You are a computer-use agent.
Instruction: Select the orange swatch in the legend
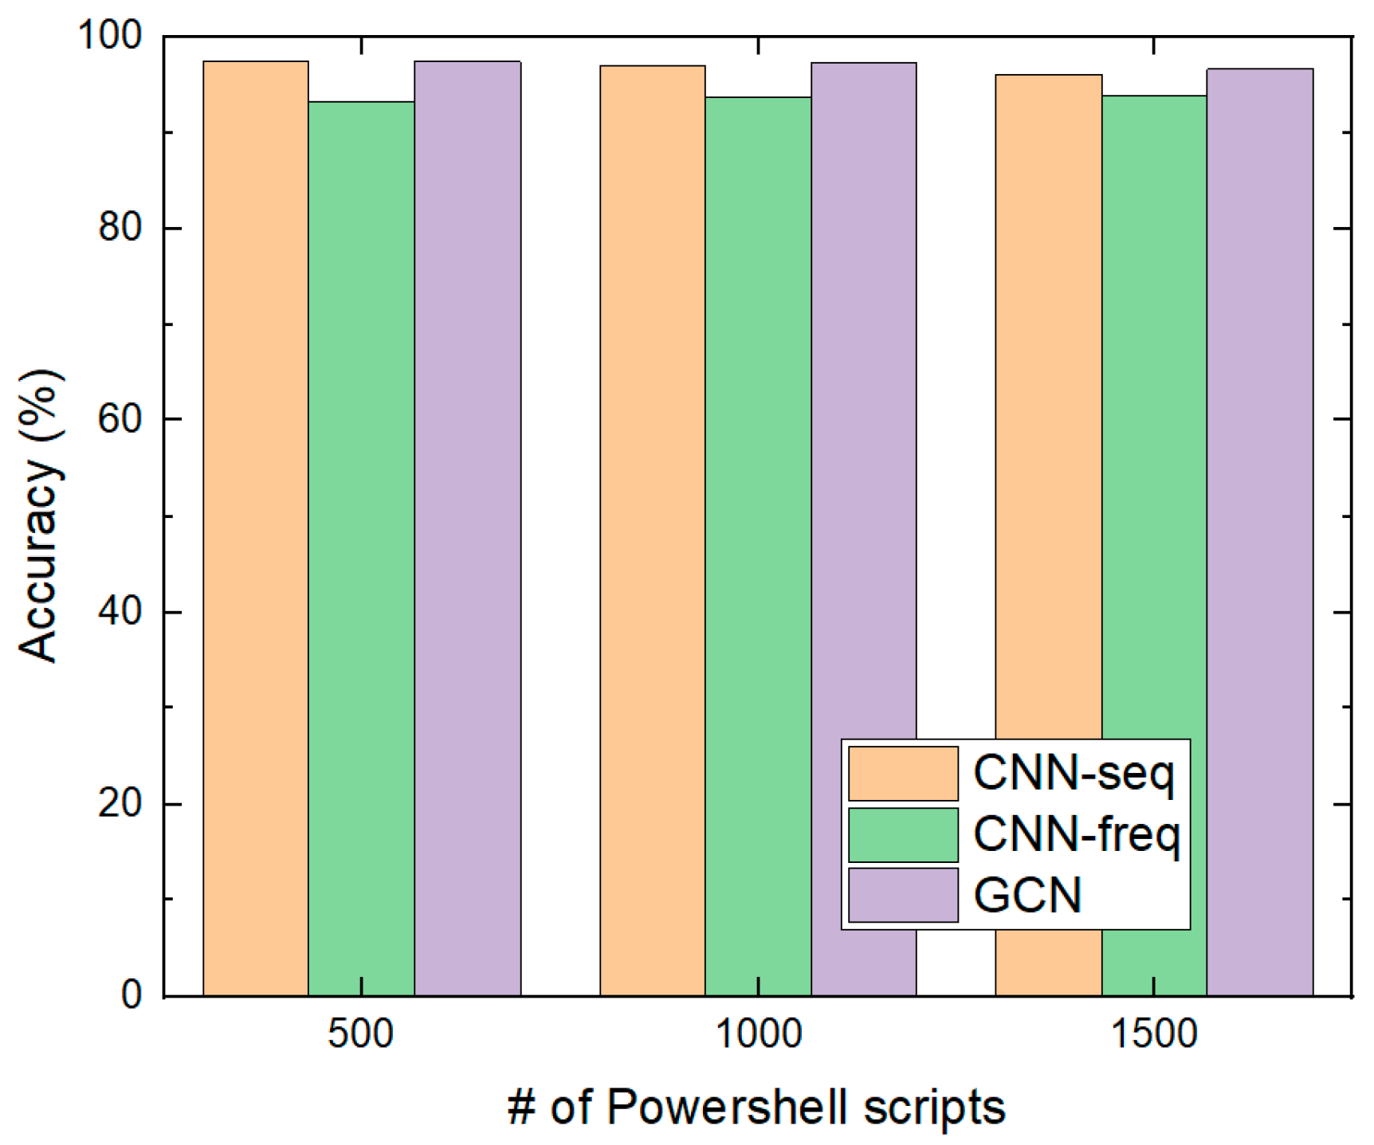pos(903,773)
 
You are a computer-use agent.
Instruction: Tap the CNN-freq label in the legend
pos(1076,834)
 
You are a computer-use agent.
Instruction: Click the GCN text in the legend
pos(1028,895)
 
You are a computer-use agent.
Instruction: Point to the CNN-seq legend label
pos(1074,773)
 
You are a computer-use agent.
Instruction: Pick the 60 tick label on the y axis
pos(120,419)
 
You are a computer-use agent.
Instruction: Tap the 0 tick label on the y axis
pos(132,995)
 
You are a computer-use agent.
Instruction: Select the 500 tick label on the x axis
pos(361,1034)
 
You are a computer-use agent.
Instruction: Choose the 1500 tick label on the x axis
pos(1154,1034)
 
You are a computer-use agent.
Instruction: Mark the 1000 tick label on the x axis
pos(758,1034)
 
